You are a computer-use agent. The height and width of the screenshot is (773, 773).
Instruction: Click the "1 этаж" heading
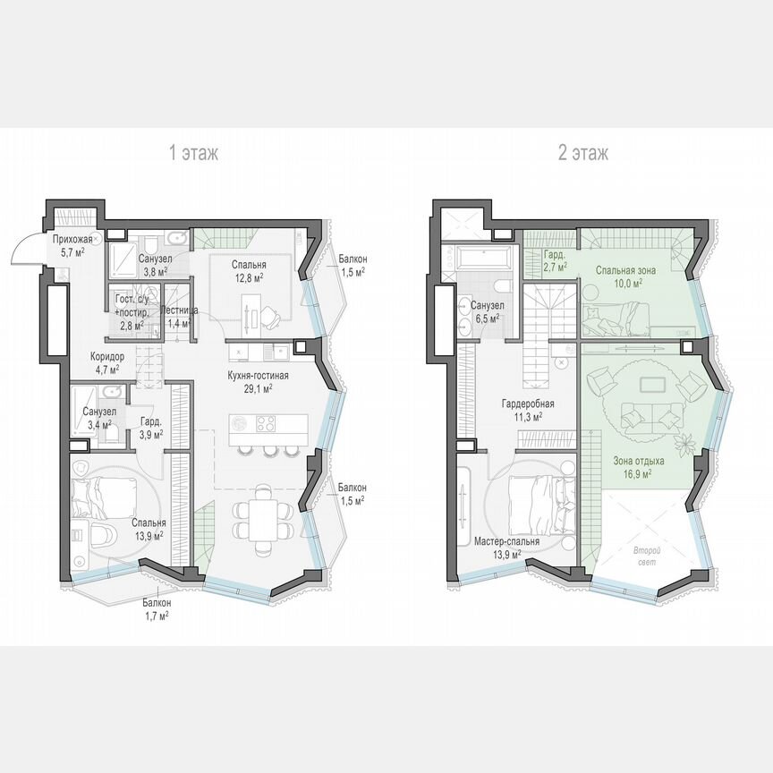pyautogui.click(x=194, y=153)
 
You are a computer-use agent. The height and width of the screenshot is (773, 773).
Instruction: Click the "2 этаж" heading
pyautogui.click(x=583, y=153)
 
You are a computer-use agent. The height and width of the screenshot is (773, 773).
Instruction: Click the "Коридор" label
pyautogui.click(x=107, y=355)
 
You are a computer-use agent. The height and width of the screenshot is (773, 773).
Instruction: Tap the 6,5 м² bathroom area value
pyautogui.click(x=487, y=318)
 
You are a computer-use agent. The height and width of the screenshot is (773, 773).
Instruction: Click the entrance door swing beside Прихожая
pyautogui.click(x=25, y=251)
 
